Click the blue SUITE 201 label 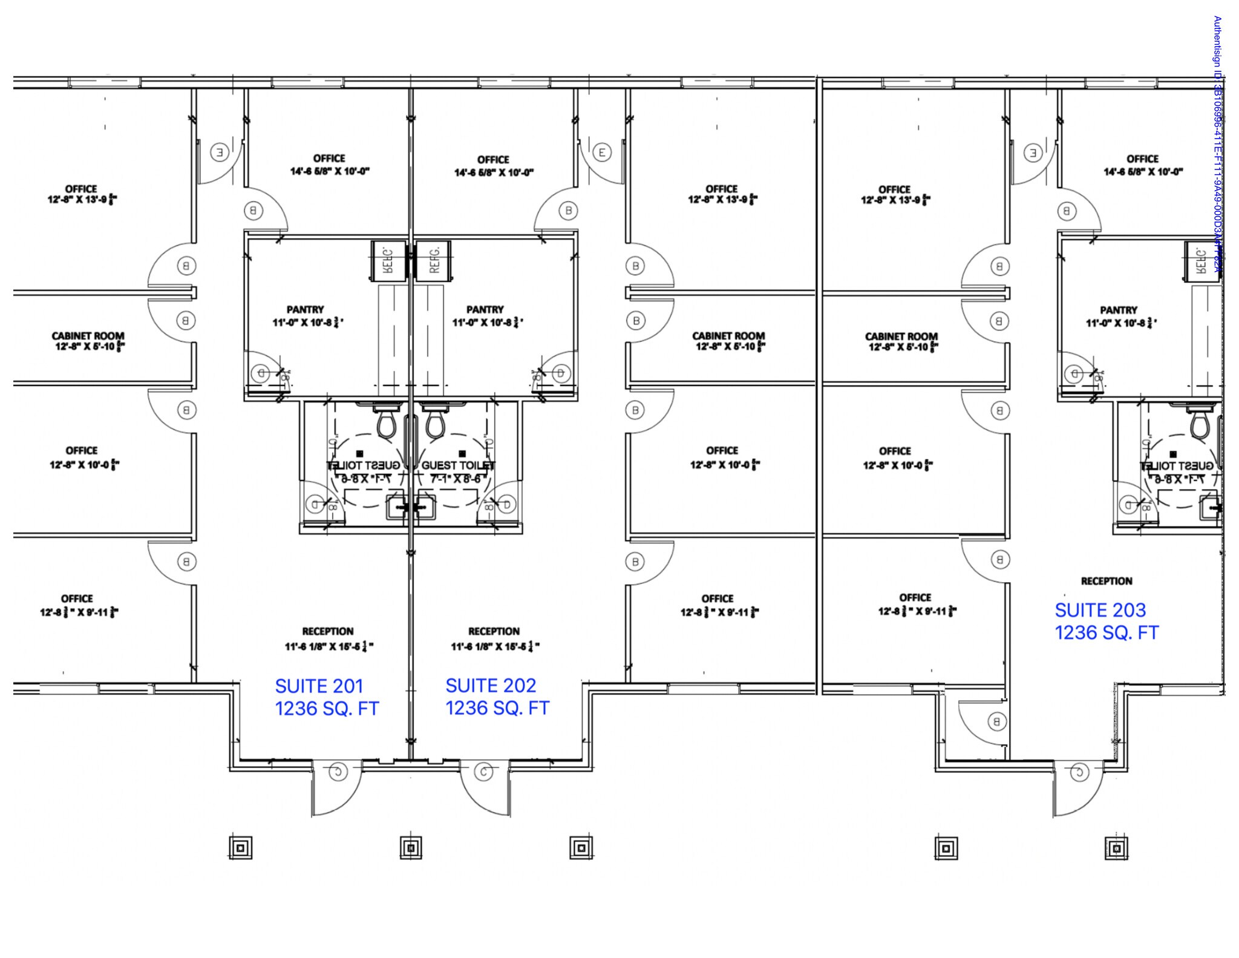[319, 686]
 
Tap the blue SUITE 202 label [491, 686]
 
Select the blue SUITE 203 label [1100, 610]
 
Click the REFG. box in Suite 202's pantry [433, 261]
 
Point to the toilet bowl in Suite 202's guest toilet [434, 423]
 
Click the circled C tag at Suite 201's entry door [338, 771]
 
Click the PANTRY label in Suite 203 [1118, 310]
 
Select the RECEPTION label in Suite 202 [494, 631]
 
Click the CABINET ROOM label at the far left [88, 336]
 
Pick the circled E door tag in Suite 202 [601, 153]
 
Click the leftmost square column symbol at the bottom [241, 848]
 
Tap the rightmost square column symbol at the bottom [1117, 848]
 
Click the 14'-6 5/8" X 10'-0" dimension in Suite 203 [1143, 172]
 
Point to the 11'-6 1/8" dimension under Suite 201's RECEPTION [329, 647]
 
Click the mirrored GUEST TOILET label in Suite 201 [364, 465]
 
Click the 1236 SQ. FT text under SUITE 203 [1106, 633]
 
